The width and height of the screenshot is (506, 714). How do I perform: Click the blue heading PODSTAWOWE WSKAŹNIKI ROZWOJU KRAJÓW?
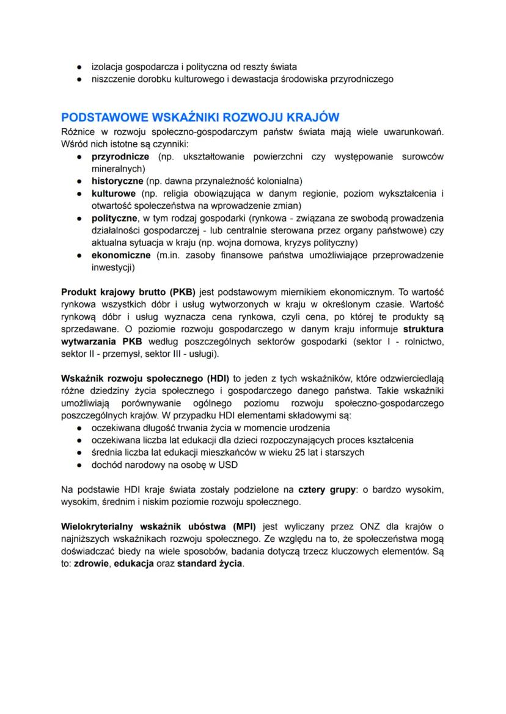coord(200,117)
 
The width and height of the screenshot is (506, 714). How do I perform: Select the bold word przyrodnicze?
coord(120,157)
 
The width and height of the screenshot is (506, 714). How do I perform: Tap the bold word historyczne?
coord(117,181)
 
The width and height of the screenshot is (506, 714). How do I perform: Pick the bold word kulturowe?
coord(114,194)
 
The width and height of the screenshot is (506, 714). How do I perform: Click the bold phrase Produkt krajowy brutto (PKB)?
coord(124,291)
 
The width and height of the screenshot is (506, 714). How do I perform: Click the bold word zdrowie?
coord(91,563)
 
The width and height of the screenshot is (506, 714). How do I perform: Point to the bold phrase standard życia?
coord(210,563)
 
